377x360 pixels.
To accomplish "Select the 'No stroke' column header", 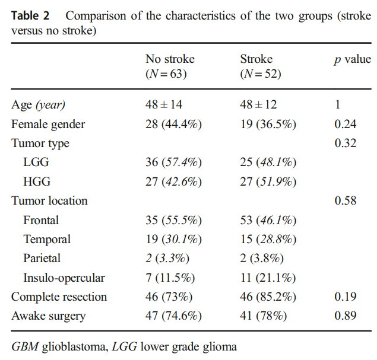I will pyautogui.click(x=170, y=59).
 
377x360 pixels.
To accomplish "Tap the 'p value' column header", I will pyautogui.click(x=352, y=59).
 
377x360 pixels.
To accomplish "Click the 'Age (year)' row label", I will pyautogui.click(x=39, y=105).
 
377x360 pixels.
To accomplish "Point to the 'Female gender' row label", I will pyautogui.click(x=48, y=124).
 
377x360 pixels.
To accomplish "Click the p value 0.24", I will pyautogui.click(x=346, y=124).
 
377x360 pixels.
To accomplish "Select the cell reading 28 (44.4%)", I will pyautogui.click(x=173, y=124).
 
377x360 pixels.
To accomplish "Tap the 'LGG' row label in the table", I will pyautogui.click(x=36, y=163).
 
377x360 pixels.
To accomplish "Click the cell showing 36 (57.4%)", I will pyautogui.click(x=173, y=163).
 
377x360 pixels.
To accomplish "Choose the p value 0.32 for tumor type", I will pyautogui.click(x=346, y=143).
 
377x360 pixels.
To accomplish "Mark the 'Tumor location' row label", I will pyautogui.click(x=49, y=200).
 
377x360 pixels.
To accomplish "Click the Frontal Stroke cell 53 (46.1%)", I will pyautogui.click(x=268, y=220).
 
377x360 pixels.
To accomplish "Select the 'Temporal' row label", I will pyautogui.click(x=47, y=239).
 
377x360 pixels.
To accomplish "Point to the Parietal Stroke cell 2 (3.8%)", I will pyautogui.click(x=262, y=259).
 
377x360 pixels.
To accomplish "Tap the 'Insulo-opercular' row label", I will pyautogui.click(x=64, y=278).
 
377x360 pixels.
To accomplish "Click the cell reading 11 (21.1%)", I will pyautogui.click(x=268, y=278).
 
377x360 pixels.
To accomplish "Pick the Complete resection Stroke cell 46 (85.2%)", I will pyautogui.click(x=268, y=297).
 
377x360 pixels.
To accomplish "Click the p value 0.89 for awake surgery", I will pyautogui.click(x=346, y=316).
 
